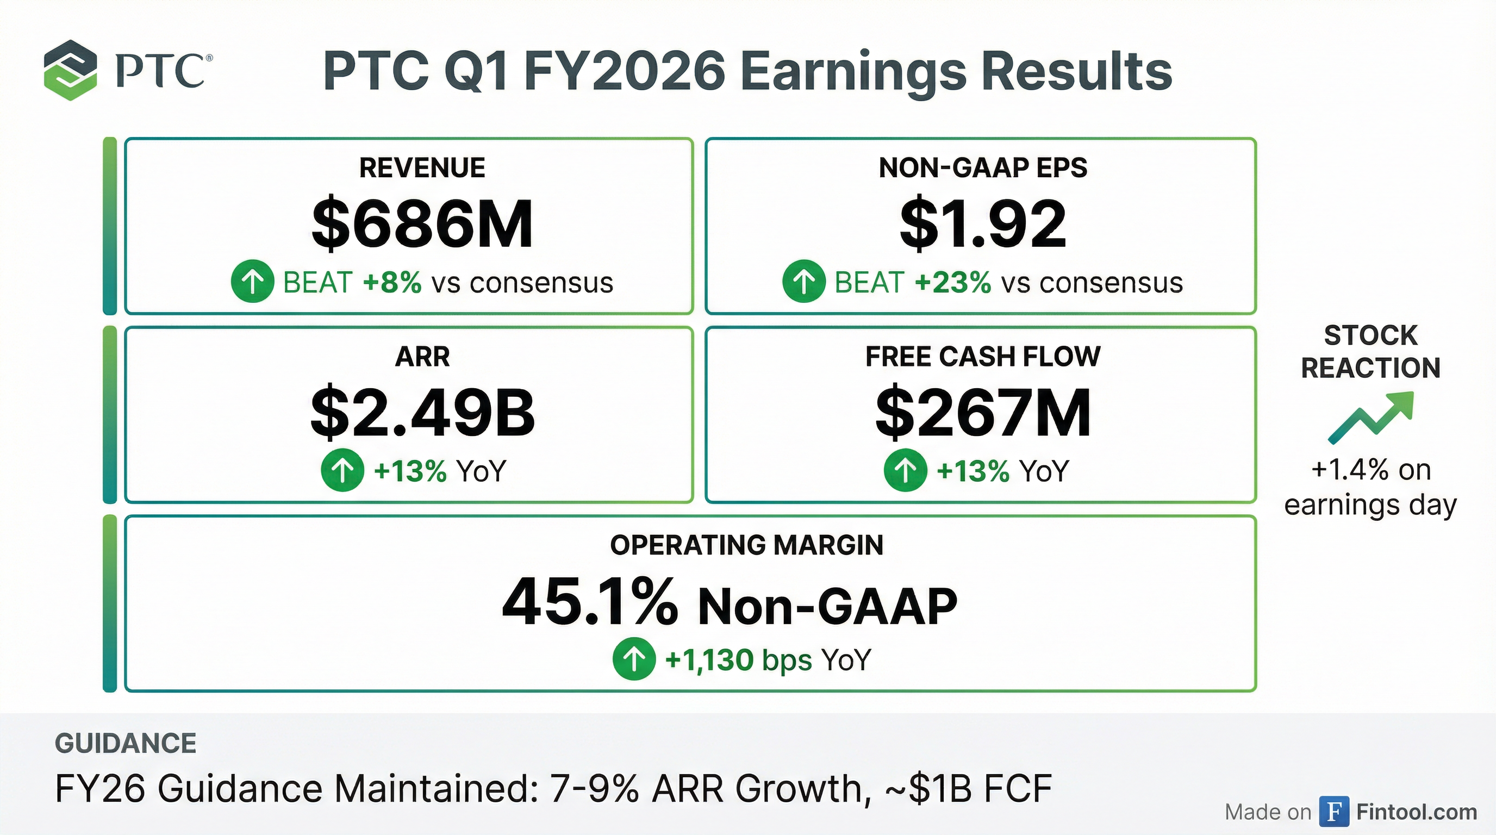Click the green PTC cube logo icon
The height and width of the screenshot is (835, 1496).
point(70,70)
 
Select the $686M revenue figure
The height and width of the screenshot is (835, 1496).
point(422,224)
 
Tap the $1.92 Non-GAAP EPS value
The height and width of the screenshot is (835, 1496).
point(983,224)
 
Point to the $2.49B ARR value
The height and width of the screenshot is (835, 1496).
point(422,412)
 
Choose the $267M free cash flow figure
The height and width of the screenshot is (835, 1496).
point(983,412)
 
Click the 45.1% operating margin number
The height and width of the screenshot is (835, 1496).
point(589,603)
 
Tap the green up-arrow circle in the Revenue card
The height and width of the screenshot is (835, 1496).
point(252,282)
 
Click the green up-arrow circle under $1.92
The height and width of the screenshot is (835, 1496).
point(804,282)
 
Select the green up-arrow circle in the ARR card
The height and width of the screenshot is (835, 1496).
point(342,470)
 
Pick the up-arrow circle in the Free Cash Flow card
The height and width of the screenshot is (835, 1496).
point(905,470)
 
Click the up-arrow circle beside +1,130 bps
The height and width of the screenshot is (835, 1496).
point(634,659)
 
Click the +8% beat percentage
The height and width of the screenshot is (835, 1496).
point(392,283)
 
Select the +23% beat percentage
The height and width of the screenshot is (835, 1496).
point(953,283)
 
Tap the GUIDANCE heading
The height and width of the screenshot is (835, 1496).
point(126,743)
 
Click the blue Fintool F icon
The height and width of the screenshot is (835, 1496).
point(1334,811)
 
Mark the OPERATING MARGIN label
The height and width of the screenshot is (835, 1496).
point(747,545)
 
